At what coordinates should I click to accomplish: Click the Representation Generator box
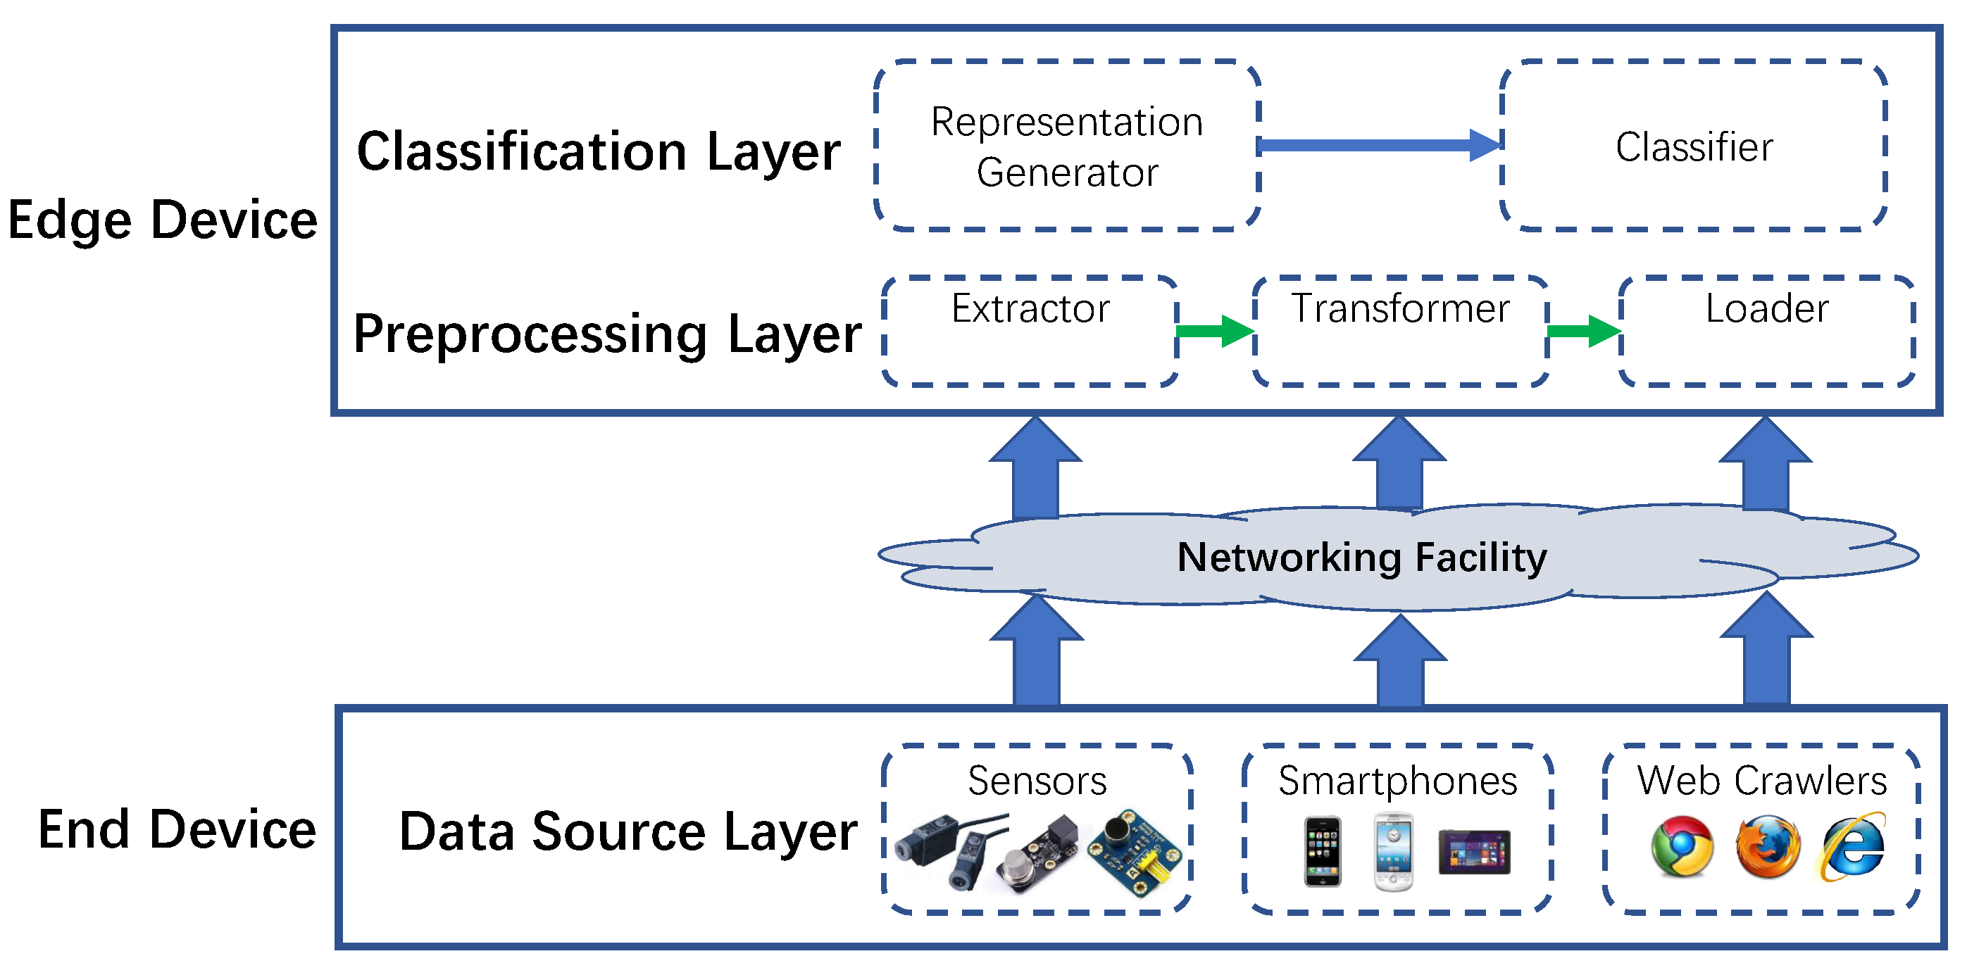coord(1067,146)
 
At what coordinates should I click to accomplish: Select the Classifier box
coord(1694,146)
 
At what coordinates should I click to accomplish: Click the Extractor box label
coord(1030,308)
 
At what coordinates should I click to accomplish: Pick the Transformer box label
coord(1400,308)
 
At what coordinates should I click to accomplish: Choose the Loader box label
coord(1767,308)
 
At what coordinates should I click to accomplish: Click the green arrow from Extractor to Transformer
coord(1215,331)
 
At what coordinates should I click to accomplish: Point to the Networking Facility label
coord(1361,557)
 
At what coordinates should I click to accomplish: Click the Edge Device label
coord(162,220)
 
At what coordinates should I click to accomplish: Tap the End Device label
coord(177,829)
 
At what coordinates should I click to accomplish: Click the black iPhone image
coord(1323,851)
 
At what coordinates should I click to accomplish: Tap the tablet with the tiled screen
coord(1474,851)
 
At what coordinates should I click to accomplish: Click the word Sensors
coord(1037,780)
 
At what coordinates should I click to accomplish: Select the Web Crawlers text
coord(1761,780)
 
